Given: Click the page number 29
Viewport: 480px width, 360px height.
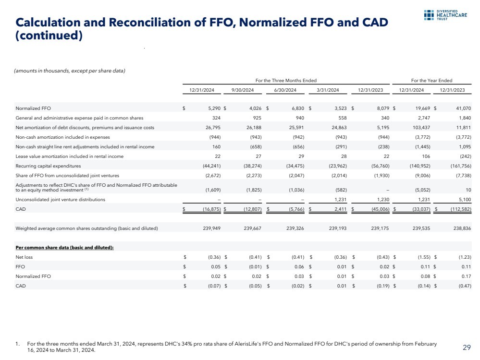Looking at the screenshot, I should click(466, 347).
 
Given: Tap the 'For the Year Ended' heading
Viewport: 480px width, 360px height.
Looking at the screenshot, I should click(431, 80).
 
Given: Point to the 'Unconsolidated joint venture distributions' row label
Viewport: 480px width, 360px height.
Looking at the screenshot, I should click(61, 199).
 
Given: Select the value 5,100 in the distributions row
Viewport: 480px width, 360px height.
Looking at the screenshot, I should click(465, 199).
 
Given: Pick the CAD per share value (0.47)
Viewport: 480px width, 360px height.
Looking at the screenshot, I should click(464, 286).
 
